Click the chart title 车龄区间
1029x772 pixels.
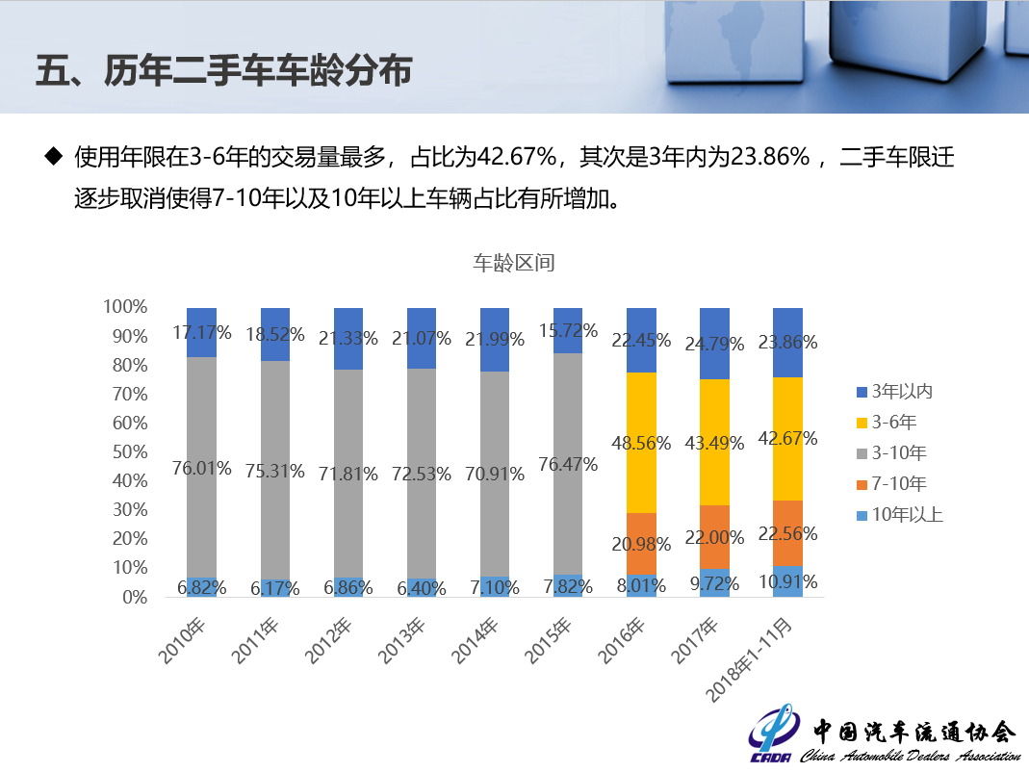click(513, 263)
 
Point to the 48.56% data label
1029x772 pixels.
click(640, 442)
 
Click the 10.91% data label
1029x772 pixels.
click(787, 581)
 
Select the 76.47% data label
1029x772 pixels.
click(568, 464)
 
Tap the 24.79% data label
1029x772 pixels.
click(714, 343)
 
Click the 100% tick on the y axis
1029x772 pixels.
click(125, 307)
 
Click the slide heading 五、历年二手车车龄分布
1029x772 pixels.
click(223, 72)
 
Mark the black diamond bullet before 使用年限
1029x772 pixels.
click(53, 156)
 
